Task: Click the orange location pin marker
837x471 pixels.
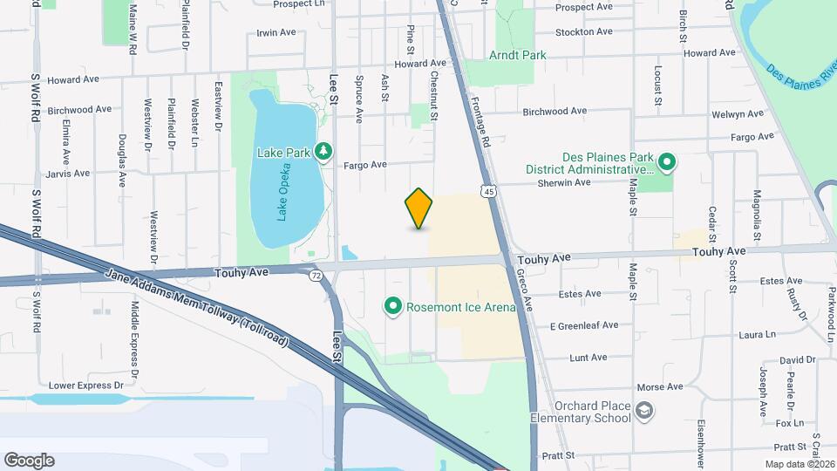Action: pyautogui.click(x=419, y=208)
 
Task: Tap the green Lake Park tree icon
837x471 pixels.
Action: pyautogui.click(x=324, y=153)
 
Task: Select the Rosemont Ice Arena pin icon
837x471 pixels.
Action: pyautogui.click(x=393, y=306)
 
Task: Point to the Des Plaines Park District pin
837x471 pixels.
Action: pyautogui.click(x=667, y=161)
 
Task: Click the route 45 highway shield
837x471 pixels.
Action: pyautogui.click(x=490, y=190)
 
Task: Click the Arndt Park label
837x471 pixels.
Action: pyautogui.click(x=518, y=55)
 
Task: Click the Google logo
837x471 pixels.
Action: pyautogui.click(x=29, y=460)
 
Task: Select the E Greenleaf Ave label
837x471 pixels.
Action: pyautogui.click(x=583, y=325)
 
